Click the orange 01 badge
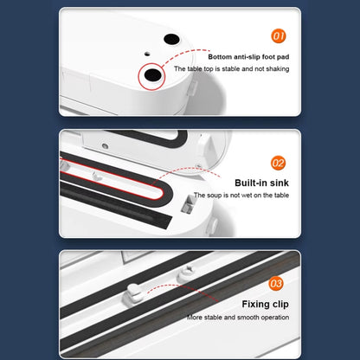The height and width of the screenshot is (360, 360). (x=279, y=36)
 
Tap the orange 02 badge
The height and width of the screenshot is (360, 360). (x=278, y=164)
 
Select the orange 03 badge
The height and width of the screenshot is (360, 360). (x=276, y=283)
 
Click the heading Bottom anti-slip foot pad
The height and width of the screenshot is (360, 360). (x=248, y=57)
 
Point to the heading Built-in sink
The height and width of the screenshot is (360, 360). (x=261, y=183)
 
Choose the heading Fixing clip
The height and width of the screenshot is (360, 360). (x=266, y=304)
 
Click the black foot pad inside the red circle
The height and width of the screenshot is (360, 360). (x=152, y=75)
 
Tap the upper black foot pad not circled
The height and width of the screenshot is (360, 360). (x=171, y=39)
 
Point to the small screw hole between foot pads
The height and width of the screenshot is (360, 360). (x=147, y=54)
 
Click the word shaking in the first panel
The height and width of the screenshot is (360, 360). (x=278, y=69)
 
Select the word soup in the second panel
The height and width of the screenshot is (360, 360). (x=214, y=196)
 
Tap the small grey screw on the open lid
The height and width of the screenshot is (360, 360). (x=105, y=146)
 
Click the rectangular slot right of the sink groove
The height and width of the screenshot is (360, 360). (x=187, y=204)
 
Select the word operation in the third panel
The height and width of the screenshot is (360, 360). (x=275, y=318)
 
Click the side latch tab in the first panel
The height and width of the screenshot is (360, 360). (x=191, y=87)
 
